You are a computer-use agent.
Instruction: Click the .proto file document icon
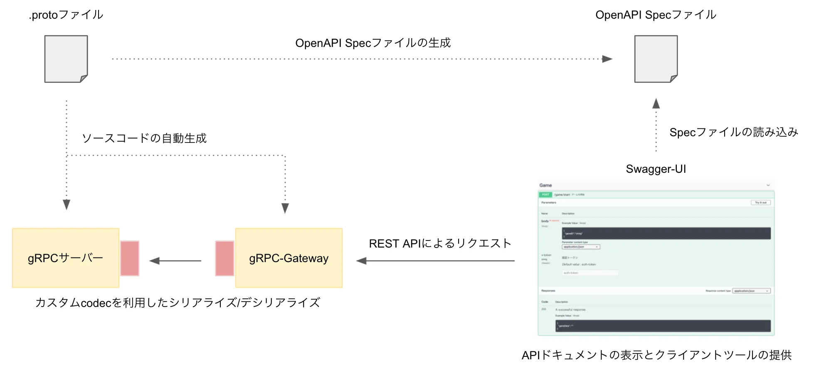66,59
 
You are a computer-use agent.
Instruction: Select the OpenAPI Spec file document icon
656,59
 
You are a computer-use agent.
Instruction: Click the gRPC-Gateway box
289,258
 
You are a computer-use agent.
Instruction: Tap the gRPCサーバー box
66,258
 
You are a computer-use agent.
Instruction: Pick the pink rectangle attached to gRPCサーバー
130,258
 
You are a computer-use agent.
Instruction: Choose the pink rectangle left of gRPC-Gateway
224,258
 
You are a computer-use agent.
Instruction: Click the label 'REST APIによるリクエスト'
440,243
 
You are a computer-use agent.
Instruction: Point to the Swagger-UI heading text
656,169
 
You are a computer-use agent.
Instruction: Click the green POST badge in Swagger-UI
545,194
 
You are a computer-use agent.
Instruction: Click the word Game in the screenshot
545,185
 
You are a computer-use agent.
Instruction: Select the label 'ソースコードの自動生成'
144,138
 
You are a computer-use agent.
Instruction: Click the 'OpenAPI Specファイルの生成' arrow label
373,43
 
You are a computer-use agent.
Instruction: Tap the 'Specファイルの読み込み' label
734,133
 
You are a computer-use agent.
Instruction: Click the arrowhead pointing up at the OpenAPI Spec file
656,103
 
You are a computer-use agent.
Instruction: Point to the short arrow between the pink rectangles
175,261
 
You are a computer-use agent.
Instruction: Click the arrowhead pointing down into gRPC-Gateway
285,208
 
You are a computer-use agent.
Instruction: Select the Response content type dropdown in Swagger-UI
751,291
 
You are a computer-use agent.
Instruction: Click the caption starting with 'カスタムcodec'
178,303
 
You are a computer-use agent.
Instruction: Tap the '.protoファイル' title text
66,15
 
